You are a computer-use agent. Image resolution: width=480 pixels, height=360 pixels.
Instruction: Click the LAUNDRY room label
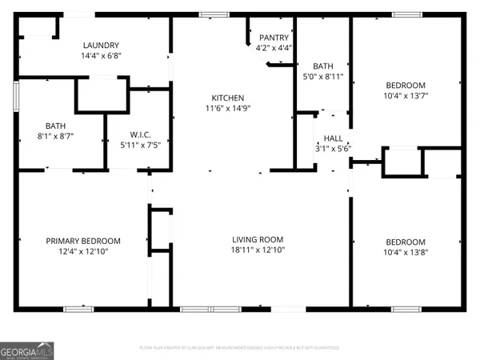(x=100, y=46)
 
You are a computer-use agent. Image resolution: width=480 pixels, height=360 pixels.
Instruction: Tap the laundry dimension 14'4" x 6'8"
(x=100, y=57)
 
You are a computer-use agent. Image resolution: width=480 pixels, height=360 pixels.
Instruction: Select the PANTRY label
(x=274, y=38)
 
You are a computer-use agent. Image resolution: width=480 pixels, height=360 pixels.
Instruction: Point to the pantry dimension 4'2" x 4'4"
(x=274, y=48)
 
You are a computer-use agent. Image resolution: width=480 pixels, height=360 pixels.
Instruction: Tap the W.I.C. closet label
(x=141, y=134)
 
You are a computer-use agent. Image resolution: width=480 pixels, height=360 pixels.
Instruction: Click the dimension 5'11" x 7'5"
(x=141, y=146)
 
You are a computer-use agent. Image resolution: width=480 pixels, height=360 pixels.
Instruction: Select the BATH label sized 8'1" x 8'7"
(x=56, y=126)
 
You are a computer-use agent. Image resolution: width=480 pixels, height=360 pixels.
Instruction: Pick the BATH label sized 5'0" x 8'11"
(x=323, y=66)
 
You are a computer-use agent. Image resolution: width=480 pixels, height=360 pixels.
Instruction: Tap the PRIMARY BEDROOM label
(x=83, y=241)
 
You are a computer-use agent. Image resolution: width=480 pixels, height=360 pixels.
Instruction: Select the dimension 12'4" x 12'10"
(x=83, y=252)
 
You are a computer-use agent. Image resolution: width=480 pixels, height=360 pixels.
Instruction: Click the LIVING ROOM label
(x=258, y=239)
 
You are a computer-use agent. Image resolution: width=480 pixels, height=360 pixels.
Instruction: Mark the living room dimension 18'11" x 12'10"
(x=258, y=250)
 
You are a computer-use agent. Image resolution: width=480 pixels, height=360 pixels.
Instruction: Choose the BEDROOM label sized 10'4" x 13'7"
(x=406, y=85)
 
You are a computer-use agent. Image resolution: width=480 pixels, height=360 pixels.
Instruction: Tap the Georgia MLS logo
(x=27, y=351)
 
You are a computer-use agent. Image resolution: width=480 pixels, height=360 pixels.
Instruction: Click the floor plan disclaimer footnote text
(x=239, y=348)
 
